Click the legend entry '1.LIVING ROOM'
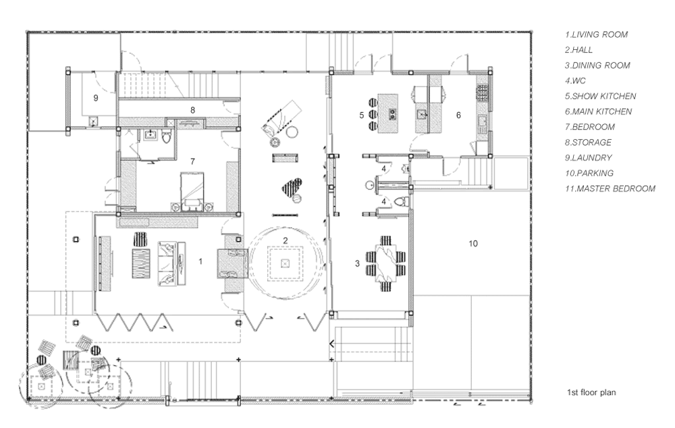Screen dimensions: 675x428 (x=596, y=34)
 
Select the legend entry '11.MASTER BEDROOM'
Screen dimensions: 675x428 (x=610, y=188)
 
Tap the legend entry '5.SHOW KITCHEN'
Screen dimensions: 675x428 (x=601, y=96)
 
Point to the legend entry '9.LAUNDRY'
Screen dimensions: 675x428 (x=588, y=157)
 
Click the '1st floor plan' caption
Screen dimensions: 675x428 (x=591, y=392)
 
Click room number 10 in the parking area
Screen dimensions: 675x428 (x=473, y=244)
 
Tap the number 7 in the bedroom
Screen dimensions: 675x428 (x=192, y=161)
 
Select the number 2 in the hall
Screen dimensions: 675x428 (x=285, y=240)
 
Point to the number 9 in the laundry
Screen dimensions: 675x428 (x=96, y=98)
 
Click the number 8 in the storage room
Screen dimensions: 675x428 (x=192, y=110)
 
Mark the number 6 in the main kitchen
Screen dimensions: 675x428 (x=458, y=115)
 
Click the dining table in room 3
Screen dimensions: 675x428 (x=386, y=263)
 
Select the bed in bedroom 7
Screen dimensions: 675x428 (x=192, y=191)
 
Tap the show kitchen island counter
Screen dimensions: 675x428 (x=388, y=113)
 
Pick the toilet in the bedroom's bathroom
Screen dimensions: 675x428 (x=167, y=136)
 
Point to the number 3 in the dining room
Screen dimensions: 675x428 (x=357, y=263)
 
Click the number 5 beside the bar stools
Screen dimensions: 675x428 (x=362, y=115)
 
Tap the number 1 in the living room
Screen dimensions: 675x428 (x=200, y=261)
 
